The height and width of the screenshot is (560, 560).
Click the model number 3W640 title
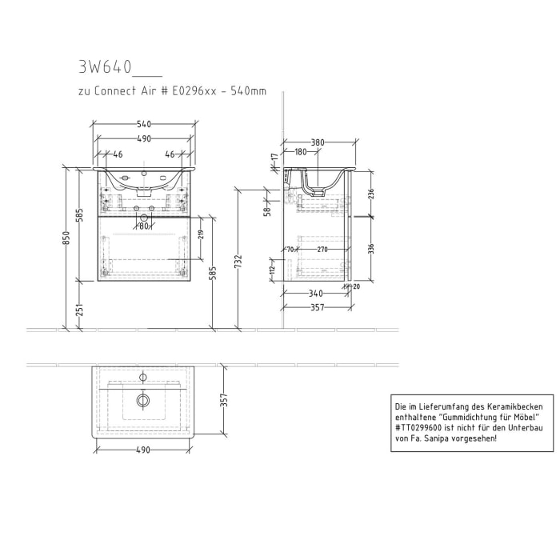pos(106,67)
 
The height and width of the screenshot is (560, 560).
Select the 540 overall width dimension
pos(144,124)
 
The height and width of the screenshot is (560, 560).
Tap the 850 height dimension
pos(68,238)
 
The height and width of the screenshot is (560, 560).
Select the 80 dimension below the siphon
pos(144,226)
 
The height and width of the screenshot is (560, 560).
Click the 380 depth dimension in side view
pos(318,142)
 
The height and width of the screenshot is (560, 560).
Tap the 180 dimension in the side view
pos(301,152)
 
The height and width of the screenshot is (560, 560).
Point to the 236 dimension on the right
pos(370,194)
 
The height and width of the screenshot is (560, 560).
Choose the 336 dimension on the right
pos(370,250)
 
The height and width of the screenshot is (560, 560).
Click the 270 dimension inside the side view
pos(322,250)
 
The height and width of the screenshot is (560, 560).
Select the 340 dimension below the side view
pos(315,293)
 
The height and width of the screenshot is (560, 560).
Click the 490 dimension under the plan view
pos(143,450)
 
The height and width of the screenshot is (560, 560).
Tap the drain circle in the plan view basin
pos(143,399)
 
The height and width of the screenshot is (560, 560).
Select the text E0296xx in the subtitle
pos(191,92)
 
